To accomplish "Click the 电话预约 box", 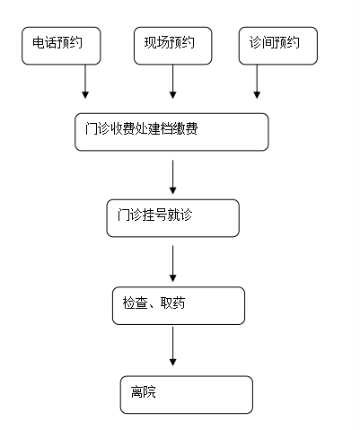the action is [x=61, y=46].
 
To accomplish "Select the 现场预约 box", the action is [x=173, y=46].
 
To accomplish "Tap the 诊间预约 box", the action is [x=278, y=46].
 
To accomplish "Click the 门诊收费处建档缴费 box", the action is [x=171, y=132].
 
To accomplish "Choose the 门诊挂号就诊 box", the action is [x=173, y=218].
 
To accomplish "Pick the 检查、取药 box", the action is [x=179, y=305].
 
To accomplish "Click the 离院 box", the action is [x=187, y=395].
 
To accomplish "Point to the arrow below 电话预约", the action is [x=85, y=82].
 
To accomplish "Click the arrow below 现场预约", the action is [x=172, y=82].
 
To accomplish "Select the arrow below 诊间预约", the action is [x=257, y=82].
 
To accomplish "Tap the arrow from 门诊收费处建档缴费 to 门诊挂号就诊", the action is [x=172, y=177].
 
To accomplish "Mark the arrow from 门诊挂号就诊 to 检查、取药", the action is [x=172, y=264].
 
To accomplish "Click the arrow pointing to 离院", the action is [x=172, y=347].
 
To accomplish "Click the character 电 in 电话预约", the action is [x=39, y=42].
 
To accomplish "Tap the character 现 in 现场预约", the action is [x=151, y=42].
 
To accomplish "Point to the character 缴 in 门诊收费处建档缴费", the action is [x=179, y=128].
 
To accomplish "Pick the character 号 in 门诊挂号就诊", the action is [x=161, y=215].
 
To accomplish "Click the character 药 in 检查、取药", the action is [x=179, y=303].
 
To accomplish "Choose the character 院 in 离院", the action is [x=150, y=391].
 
